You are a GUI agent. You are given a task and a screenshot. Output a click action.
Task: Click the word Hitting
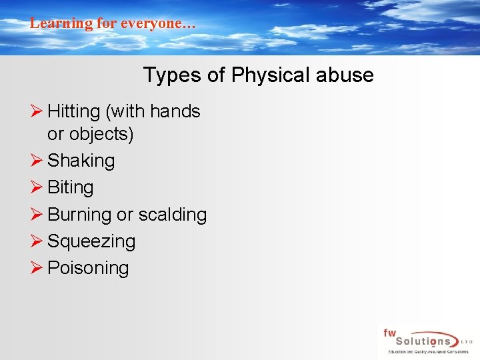pos(73,111)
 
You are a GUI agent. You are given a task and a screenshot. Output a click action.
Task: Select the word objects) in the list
pos(100,134)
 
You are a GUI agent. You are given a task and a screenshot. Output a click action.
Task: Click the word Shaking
pos(81,161)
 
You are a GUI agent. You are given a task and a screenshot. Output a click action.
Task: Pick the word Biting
pos(71,187)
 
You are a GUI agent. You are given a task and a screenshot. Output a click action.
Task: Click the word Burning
pos(79,215)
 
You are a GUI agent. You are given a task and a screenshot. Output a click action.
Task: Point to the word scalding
pos(172,215)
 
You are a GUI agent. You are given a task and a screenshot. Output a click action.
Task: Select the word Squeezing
pos(91,241)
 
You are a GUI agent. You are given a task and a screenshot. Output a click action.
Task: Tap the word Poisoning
pos(88,268)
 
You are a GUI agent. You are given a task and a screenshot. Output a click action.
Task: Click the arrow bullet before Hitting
pos(37,111)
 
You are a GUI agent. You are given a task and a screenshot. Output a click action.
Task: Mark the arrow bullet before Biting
pos(37,187)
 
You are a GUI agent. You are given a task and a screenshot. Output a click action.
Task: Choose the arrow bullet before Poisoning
pos(37,268)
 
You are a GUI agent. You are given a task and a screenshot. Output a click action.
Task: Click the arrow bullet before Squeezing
pos(37,241)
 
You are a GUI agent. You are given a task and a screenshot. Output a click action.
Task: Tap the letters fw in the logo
pos(389,332)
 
